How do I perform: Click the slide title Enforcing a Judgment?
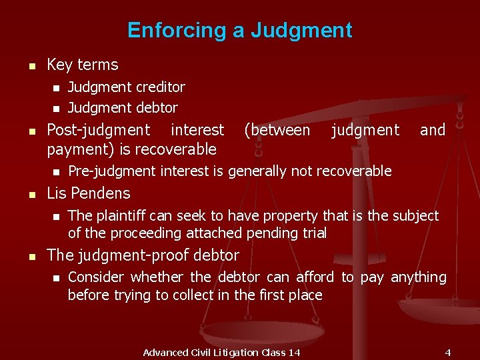click(x=239, y=30)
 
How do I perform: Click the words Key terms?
click(x=83, y=65)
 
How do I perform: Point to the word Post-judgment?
click(x=99, y=130)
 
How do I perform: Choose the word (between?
click(x=277, y=130)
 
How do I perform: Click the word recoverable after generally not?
click(x=354, y=171)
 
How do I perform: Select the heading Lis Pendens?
click(x=89, y=193)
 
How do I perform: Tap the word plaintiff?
click(x=119, y=215)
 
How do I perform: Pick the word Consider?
click(x=96, y=277)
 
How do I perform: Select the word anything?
click(x=419, y=277)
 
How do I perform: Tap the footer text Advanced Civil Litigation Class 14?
click(x=221, y=352)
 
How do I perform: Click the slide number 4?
click(x=448, y=352)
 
